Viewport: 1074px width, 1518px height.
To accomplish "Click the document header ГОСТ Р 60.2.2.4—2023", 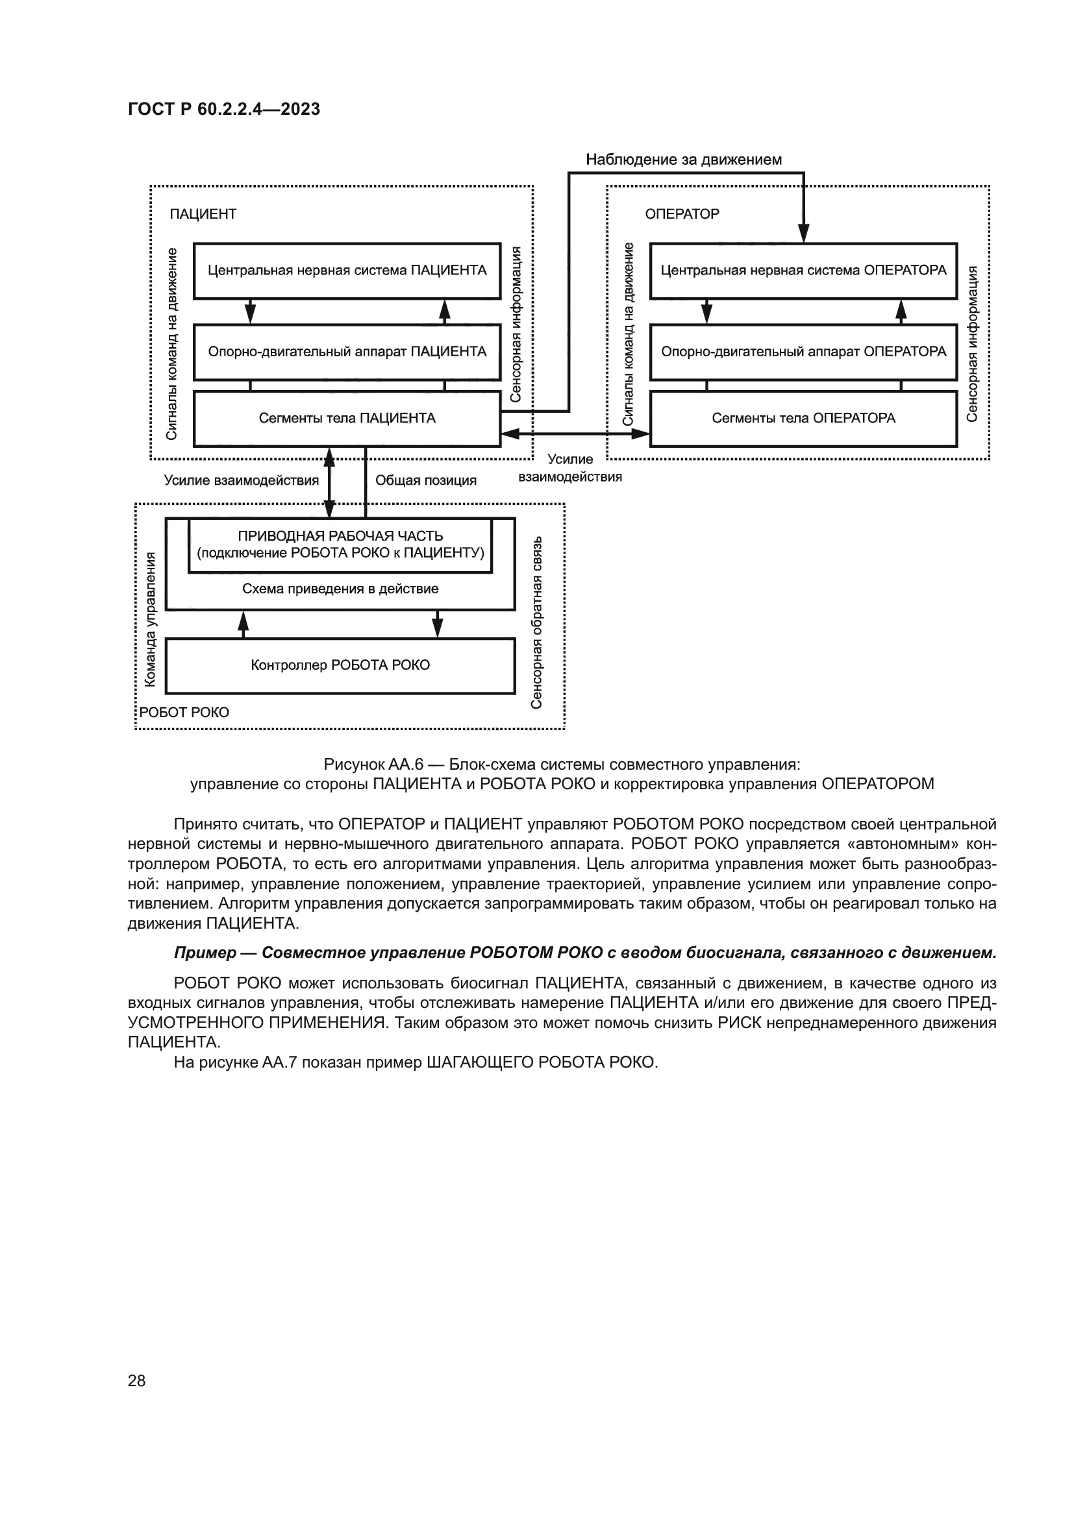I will click(x=223, y=109).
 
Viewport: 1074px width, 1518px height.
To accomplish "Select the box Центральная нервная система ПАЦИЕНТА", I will click(x=347, y=271).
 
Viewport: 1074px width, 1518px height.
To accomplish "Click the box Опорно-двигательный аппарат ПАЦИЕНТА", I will click(x=347, y=352).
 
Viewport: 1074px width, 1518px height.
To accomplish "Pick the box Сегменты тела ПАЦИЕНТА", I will click(x=347, y=419).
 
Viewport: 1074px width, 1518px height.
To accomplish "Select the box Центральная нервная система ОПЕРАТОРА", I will click(x=803, y=271).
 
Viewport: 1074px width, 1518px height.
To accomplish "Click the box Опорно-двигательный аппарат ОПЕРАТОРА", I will click(x=803, y=352).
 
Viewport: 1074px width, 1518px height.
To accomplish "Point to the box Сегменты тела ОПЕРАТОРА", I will click(x=803, y=419).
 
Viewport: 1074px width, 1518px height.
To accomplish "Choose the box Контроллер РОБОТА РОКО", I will click(x=340, y=665).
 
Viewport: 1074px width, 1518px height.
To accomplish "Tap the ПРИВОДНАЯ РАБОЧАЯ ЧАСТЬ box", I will click(x=340, y=545).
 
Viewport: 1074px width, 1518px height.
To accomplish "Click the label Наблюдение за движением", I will click(x=683, y=160).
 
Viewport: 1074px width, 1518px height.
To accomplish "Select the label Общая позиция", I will click(x=425, y=481).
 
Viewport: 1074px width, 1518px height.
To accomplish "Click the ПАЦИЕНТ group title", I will click(x=203, y=214).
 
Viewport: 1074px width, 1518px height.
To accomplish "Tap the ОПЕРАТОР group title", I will click(x=681, y=214).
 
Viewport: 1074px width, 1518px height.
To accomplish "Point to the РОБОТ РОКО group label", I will click(x=184, y=713).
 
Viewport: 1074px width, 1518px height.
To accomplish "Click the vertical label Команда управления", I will click(x=151, y=620).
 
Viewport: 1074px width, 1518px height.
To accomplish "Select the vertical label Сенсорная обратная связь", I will click(x=536, y=622).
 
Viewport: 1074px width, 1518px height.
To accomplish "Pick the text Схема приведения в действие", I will click(x=340, y=589).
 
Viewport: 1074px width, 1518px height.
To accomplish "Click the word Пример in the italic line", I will click(x=205, y=953).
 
